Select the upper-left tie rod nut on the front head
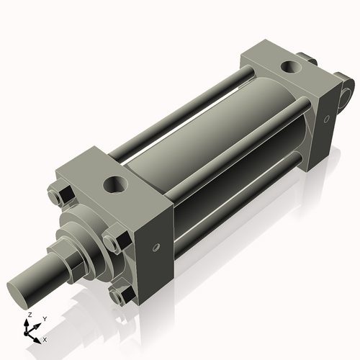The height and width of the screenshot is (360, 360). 61,197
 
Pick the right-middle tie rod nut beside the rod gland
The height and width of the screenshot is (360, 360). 114,240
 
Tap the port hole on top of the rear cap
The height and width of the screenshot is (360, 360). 292,68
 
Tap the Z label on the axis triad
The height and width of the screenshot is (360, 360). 28,315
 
